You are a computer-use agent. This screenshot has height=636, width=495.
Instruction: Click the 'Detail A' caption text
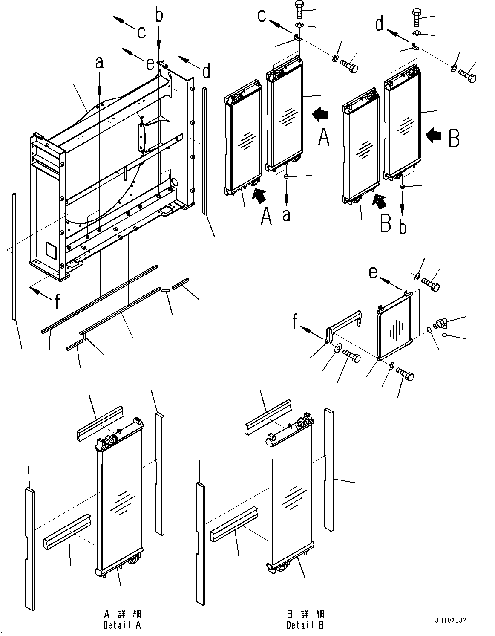click(122, 625)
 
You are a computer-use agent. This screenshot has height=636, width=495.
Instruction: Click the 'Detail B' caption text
click(305, 625)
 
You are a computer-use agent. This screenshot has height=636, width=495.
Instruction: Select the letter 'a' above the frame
click(99, 63)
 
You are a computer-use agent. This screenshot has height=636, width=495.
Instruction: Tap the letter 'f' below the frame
click(57, 302)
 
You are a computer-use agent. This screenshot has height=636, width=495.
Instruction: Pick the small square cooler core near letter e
click(394, 328)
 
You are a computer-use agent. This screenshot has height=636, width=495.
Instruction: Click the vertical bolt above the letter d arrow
click(417, 17)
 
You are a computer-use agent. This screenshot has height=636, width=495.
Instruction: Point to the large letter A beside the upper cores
click(324, 137)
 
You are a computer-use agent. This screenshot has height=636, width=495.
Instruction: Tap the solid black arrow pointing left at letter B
click(434, 135)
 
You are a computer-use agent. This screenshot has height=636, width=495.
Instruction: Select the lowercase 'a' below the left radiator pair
click(286, 214)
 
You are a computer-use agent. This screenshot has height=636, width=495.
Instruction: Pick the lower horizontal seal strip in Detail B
click(234, 521)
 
